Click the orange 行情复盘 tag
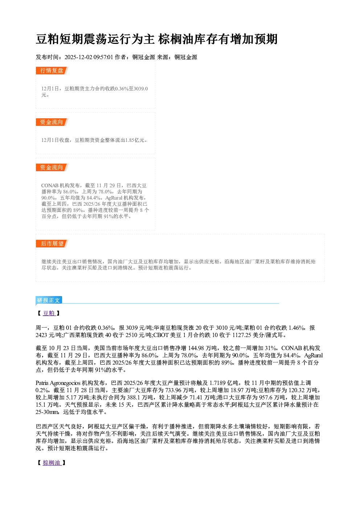point(52,70)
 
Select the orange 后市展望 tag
point(52,243)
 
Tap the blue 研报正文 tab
point(49,300)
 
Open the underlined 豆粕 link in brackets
point(49,313)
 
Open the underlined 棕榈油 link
point(52,463)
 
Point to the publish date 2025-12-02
point(78,57)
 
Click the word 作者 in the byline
point(120,57)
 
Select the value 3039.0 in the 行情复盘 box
point(140,89)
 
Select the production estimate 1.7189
point(217,383)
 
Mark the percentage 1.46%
point(296,328)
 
